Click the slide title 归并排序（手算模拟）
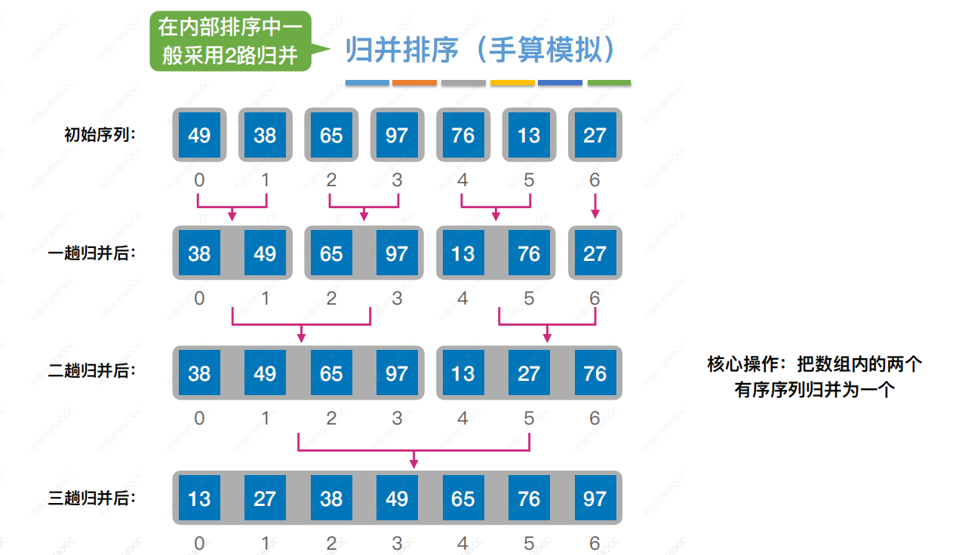point(481,51)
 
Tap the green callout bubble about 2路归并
point(231,41)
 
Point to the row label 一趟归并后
point(92,253)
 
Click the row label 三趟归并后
point(92,498)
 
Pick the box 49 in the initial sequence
point(199,135)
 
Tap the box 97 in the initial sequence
point(397,135)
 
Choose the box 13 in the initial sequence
point(529,135)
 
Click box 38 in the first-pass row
point(199,253)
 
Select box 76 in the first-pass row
point(529,253)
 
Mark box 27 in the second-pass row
point(529,373)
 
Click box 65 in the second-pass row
point(331,373)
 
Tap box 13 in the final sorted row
point(199,498)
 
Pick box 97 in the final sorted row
point(595,498)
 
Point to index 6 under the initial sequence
point(595,180)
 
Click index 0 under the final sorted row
point(199,543)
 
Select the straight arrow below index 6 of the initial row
point(595,205)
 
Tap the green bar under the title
point(609,82)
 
